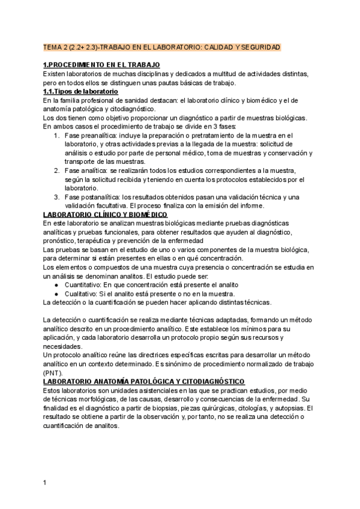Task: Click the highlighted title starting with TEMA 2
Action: click(162, 47)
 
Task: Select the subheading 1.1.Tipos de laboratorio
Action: click(80, 91)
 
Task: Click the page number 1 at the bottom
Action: click(44, 481)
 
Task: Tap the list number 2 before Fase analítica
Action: click(56, 170)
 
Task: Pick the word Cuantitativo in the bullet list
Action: click(83, 284)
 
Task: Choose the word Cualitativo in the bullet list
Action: click(81, 294)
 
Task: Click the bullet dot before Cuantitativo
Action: click(56, 285)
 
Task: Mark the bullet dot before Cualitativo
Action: click(56, 294)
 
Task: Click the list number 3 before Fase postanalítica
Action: click(56, 197)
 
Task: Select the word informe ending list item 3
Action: click(252, 205)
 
